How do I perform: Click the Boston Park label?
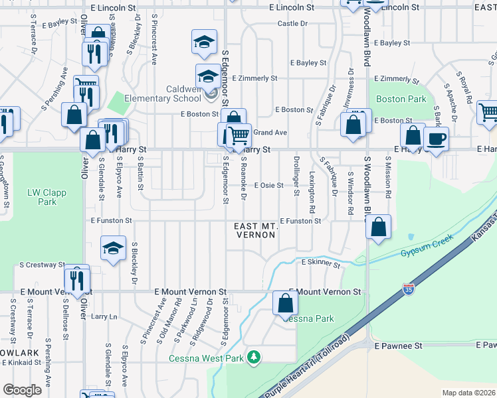(401, 99)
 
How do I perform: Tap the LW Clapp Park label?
(43, 197)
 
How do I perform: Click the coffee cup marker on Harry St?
(437, 139)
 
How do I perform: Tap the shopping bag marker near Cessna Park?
(286, 304)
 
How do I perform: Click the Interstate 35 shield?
(408, 290)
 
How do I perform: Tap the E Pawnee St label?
(398, 346)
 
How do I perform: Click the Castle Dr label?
(292, 23)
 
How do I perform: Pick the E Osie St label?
(268, 186)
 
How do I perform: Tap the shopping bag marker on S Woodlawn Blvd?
(378, 227)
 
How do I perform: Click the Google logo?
(22, 390)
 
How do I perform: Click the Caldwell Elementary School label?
(175, 94)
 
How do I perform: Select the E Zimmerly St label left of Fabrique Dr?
(254, 78)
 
